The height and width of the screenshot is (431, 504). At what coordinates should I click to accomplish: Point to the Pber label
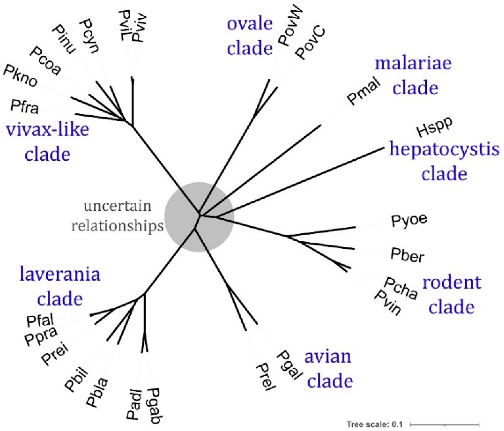pos(407,255)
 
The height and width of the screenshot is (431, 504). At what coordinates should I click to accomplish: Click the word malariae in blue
pos(413,63)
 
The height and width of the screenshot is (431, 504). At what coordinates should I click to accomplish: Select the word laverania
pos(60,274)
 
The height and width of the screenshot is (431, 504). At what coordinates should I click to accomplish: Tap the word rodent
pos(452,282)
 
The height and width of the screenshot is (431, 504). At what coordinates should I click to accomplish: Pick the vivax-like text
pos(47,130)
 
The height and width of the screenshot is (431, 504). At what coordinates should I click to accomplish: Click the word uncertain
pos(118,206)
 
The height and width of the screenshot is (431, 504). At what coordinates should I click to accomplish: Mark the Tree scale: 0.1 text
pos(374,424)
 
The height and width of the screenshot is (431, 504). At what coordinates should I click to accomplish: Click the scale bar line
pos(444,425)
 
